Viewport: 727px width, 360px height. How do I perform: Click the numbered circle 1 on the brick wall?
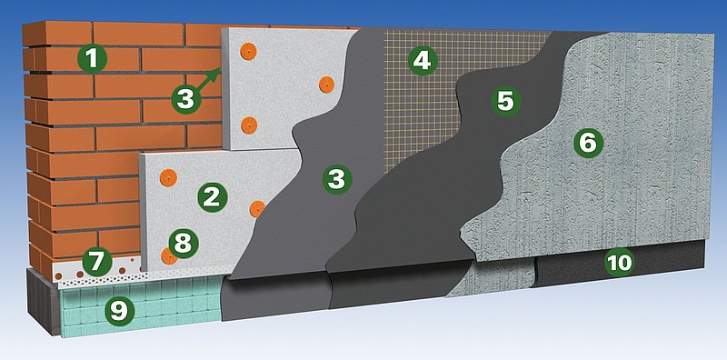pyautogui.click(x=93, y=59)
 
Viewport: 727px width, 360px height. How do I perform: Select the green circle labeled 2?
pyautogui.click(x=213, y=197)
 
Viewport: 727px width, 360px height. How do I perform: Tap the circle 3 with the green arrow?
pyautogui.click(x=186, y=99)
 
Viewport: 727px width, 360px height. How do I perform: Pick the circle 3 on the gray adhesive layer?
pyautogui.click(x=337, y=179)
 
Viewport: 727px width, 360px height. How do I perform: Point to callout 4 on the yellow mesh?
pyautogui.click(x=422, y=61)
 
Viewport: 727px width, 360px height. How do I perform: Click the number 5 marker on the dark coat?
pyautogui.click(x=505, y=101)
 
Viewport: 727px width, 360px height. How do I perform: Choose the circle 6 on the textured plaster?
pyautogui.click(x=588, y=143)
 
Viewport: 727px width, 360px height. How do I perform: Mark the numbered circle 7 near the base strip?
pyautogui.click(x=97, y=262)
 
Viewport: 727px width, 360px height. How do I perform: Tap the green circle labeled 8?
pyautogui.click(x=184, y=244)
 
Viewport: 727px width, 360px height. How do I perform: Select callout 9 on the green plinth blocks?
pyautogui.click(x=119, y=310)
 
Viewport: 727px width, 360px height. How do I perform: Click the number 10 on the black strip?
pyautogui.click(x=620, y=263)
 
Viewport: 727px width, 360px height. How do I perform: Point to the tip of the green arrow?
pyautogui.click(x=219, y=69)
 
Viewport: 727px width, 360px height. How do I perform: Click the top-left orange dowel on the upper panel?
pyautogui.click(x=248, y=52)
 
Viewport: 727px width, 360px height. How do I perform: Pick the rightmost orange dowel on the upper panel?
pyautogui.click(x=326, y=85)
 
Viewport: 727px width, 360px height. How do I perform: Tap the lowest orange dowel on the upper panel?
pyautogui.click(x=249, y=125)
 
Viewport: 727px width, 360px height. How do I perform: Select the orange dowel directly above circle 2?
pyautogui.click(x=168, y=177)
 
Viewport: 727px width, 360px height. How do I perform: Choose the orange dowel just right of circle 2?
pyautogui.click(x=257, y=209)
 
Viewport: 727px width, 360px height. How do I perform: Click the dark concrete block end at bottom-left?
pyautogui.click(x=43, y=301)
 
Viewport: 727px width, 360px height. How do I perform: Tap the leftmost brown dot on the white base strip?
pyautogui.click(x=59, y=277)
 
